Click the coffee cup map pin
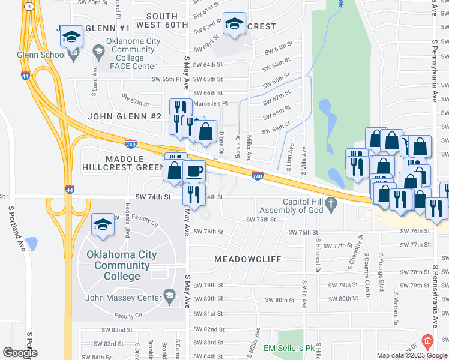pyautogui.click(x=194, y=172)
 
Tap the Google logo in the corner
pyautogui.click(x=20, y=353)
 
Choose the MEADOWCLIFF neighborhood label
pyautogui.click(x=244, y=259)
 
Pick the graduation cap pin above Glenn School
pyautogui.click(x=71, y=37)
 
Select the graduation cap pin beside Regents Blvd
pyautogui.click(x=103, y=225)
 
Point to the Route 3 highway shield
pyautogui.click(x=28, y=6)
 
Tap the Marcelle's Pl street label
pyautogui.click(x=210, y=103)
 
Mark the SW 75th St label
pyautogui.click(x=261, y=220)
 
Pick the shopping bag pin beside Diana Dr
pyautogui.click(x=205, y=131)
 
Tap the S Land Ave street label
pyautogui.click(x=95, y=75)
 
